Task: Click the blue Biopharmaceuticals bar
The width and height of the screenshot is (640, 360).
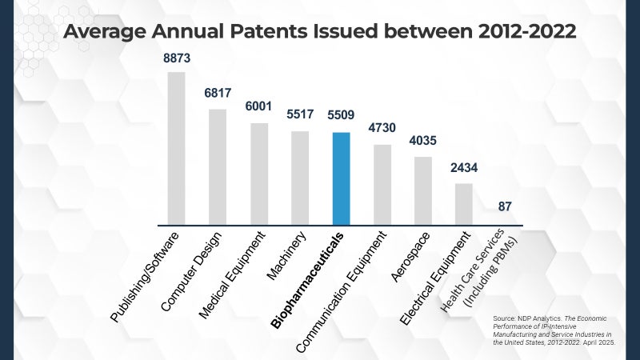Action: click(342, 178)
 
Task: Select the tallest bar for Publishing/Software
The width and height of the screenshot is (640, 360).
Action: click(176, 149)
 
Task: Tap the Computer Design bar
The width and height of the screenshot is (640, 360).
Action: click(218, 167)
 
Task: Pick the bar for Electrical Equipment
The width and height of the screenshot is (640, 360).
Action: click(464, 204)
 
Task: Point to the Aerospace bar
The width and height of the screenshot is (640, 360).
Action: click(423, 190)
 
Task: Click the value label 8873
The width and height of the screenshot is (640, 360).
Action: click(177, 58)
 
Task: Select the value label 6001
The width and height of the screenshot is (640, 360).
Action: click(258, 106)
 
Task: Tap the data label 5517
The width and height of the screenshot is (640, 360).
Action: click(300, 114)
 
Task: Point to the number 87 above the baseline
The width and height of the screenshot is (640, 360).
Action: click(505, 206)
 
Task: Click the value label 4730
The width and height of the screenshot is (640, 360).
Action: click(382, 128)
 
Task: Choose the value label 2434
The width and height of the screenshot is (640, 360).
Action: click(464, 168)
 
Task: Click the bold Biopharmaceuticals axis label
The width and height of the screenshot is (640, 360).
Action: click(307, 281)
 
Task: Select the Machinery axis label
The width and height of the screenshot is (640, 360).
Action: click(286, 255)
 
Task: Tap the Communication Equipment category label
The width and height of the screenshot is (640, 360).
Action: click(341, 291)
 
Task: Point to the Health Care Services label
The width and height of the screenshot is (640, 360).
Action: click(473, 270)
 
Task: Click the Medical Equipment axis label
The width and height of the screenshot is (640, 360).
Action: click(232, 274)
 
